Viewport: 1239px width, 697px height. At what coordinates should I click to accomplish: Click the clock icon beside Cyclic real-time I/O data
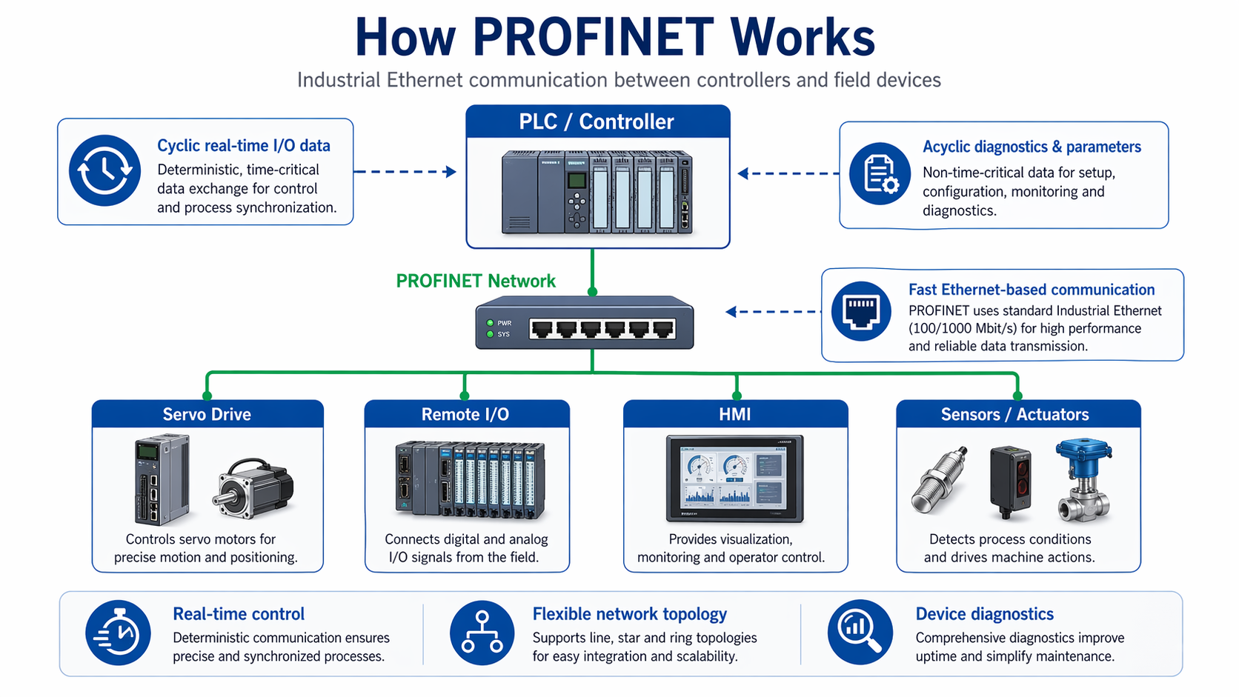(104, 170)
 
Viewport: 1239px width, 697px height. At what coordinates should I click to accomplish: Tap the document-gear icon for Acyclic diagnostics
(880, 174)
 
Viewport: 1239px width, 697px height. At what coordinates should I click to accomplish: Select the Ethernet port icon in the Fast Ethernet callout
(861, 311)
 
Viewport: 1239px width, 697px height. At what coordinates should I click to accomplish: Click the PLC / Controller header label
(597, 121)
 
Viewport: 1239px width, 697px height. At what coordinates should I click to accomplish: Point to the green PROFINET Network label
(475, 281)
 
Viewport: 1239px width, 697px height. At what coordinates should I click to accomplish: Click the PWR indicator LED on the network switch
(490, 323)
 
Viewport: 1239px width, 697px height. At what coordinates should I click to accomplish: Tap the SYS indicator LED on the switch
(490, 334)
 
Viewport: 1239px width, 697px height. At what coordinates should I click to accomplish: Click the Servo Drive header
(207, 414)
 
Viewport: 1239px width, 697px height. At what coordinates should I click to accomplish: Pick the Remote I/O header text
(465, 414)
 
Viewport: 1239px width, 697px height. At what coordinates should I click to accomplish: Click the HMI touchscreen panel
(734, 478)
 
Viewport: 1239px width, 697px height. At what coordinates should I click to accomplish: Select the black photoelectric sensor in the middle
(1011, 480)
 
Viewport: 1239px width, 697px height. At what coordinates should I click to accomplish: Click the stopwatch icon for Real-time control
(118, 633)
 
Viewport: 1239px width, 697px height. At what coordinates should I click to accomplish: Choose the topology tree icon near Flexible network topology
(482, 633)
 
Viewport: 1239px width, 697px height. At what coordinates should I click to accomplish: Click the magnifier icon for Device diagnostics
(860, 633)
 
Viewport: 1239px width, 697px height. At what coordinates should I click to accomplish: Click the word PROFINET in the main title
(593, 37)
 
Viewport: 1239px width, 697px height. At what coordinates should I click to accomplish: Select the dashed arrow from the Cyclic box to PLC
(405, 172)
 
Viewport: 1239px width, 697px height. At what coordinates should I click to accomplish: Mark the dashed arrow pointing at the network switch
(774, 312)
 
